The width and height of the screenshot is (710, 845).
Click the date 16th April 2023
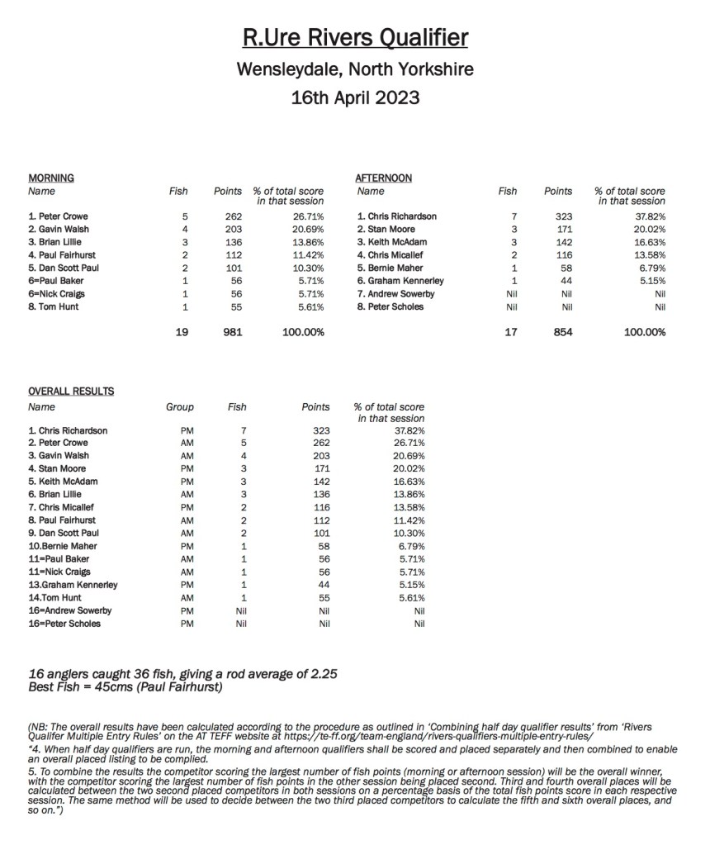click(x=355, y=97)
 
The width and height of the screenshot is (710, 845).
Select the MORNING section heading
click(x=51, y=178)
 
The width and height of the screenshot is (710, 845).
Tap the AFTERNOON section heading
click(x=383, y=178)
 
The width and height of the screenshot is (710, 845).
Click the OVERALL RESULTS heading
click(x=71, y=391)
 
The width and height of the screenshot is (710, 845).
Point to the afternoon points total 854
click(x=558, y=332)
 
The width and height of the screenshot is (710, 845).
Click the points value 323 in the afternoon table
click(x=558, y=216)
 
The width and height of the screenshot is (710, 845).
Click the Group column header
click(x=180, y=406)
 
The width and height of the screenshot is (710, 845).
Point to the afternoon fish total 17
click(x=508, y=332)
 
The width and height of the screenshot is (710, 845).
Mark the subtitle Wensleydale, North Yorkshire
click(x=355, y=69)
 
